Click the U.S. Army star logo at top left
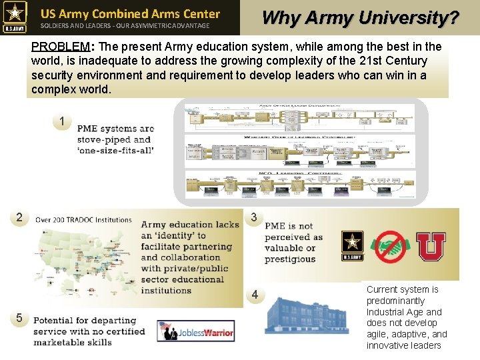15,17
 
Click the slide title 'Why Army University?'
361,17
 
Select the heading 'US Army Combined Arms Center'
130,13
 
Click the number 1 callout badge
62,121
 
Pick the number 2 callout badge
19,217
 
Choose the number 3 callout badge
254,217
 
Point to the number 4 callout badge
254,295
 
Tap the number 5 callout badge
19,318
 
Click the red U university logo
431,247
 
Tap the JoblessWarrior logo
196,331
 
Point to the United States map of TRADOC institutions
80,267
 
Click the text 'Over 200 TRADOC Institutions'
83,219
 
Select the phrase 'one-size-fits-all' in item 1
115,150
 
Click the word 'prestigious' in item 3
290,259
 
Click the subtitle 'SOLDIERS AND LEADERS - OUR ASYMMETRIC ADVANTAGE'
125,26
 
